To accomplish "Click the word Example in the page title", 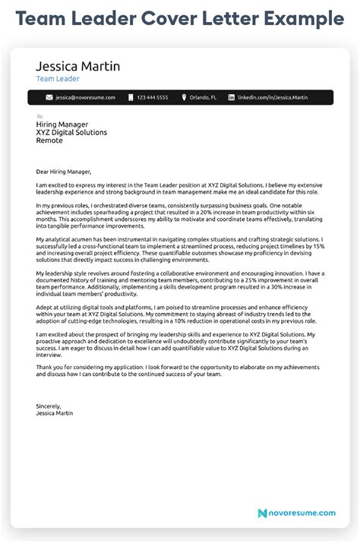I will click(301, 17).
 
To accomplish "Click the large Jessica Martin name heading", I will click(77, 66).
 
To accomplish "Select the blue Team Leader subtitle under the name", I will click(57, 78).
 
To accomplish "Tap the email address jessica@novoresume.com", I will click(84, 98).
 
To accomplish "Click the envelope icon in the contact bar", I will click(49, 98).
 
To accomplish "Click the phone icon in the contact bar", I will click(131, 98).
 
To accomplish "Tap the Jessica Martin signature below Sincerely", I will click(58, 413).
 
